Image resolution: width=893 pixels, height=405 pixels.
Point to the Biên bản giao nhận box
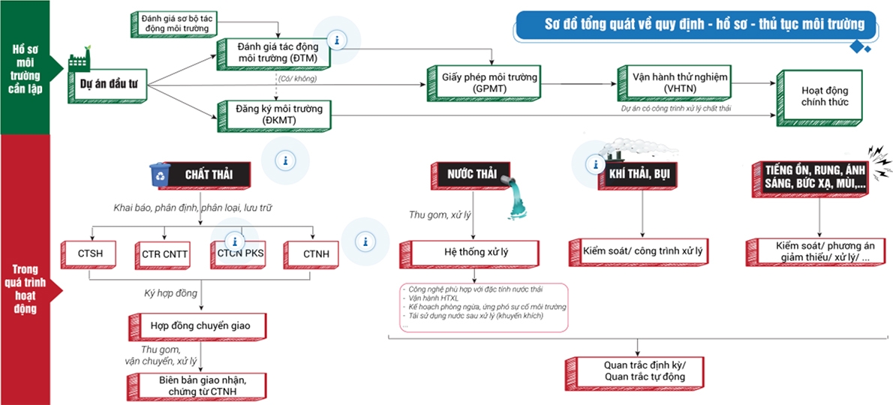point(203,385)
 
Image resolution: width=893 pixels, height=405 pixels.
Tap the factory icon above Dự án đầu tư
point(80,61)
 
